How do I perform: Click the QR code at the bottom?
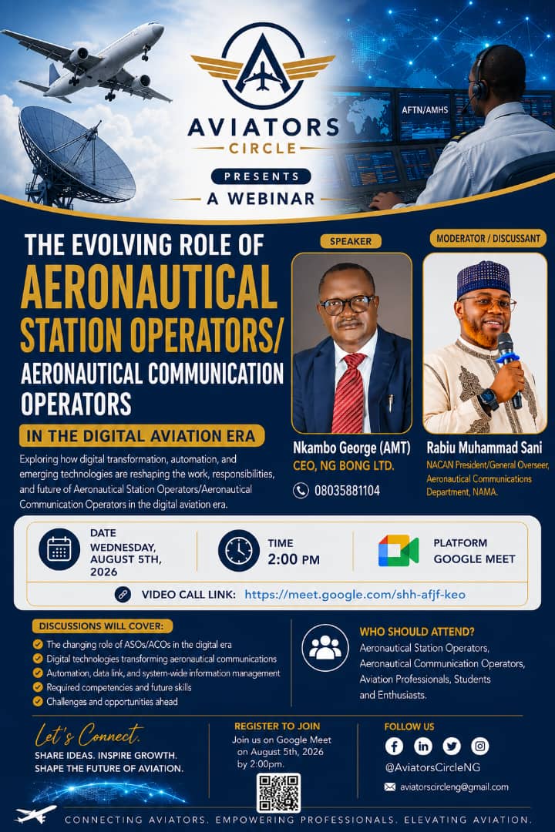point(278,793)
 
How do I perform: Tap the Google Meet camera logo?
point(399,551)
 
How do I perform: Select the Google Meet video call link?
point(355,594)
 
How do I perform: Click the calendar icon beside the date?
point(59,550)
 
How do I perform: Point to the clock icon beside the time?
point(238,550)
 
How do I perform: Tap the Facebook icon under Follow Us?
point(394,746)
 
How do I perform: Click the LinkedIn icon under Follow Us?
point(422,746)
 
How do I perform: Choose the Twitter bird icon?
point(452,746)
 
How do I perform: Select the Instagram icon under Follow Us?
point(480,746)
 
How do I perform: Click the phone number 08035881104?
point(347,490)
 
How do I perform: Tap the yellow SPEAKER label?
point(351,241)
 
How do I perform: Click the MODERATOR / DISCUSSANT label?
point(488,239)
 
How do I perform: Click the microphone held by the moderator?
point(509,366)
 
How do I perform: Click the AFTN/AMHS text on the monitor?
point(425,110)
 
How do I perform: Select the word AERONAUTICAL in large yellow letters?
point(150,287)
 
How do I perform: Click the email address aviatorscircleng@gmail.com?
point(454,787)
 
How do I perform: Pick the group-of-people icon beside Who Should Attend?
point(325,647)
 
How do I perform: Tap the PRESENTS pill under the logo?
point(261,176)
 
